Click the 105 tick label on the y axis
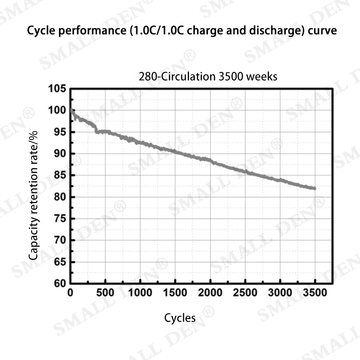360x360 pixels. tap(57, 89)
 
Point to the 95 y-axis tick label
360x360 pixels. tap(59, 132)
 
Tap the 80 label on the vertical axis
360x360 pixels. tap(59, 197)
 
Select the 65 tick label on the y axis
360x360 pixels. tap(59, 262)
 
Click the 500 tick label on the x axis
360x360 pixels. tap(105, 293)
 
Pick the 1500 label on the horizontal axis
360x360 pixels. tap(175, 293)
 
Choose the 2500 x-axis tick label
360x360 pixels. tap(245, 293)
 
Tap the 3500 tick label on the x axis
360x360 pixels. tap(315, 293)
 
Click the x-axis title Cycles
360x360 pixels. tap(180, 318)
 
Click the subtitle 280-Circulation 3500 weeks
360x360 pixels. tap(208, 76)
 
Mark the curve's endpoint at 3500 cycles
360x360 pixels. tap(315, 188)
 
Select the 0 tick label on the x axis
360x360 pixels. tap(70, 293)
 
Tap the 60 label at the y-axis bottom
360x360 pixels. tap(59, 283)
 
